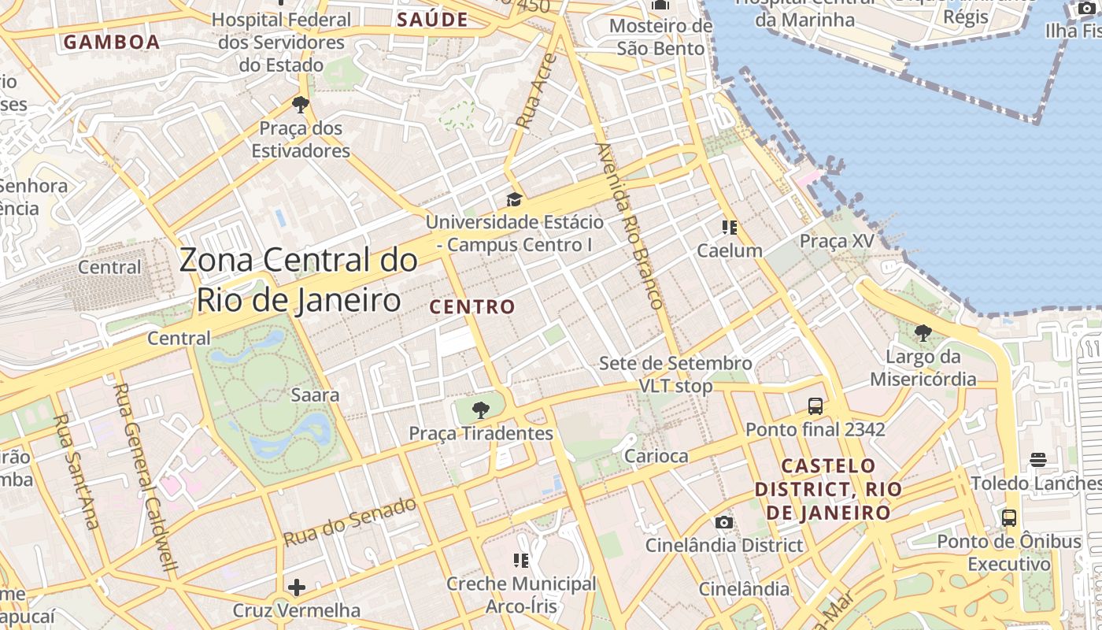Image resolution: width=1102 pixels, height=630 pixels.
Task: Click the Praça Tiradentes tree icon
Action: point(480,409)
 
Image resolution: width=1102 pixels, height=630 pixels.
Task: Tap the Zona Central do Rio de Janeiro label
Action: point(298,280)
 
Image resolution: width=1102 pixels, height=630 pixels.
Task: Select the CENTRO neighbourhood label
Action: point(472,306)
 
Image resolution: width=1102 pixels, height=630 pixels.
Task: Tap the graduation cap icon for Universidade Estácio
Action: point(514,199)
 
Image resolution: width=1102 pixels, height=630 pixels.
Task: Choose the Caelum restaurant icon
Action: point(730,228)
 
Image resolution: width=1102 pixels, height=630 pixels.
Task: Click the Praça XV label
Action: point(837,241)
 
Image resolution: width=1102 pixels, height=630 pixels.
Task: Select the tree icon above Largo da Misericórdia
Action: point(923,333)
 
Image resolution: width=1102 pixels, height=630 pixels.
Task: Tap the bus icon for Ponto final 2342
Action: point(815,406)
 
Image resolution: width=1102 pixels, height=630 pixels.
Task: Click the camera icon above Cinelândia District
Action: point(724,522)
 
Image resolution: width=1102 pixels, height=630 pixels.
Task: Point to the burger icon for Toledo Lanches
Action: point(1037,460)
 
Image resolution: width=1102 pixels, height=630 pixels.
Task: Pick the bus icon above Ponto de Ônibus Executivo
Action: point(1008,518)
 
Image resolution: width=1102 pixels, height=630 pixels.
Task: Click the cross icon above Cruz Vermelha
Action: point(297,587)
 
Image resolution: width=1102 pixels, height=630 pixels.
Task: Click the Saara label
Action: point(315,395)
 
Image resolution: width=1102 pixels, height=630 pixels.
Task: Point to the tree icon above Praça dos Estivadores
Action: point(300,104)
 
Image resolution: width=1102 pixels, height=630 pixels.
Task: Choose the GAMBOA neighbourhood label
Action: point(112,42)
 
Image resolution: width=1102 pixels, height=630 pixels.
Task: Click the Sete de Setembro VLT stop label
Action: point(675,375)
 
